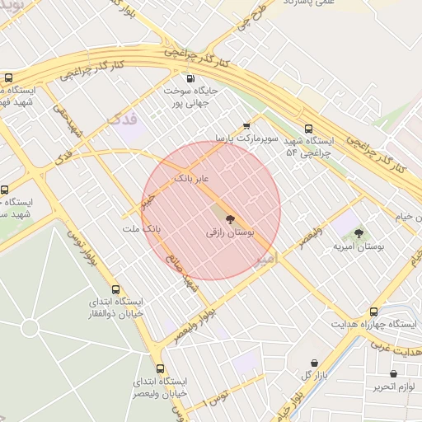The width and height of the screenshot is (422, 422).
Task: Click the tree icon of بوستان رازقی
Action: (230, 220)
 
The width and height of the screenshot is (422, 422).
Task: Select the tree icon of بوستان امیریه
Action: (359, 233)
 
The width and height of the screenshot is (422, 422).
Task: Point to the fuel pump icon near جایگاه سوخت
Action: (191, 77)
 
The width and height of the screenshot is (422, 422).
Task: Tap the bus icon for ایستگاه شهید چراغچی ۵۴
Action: (309, 129)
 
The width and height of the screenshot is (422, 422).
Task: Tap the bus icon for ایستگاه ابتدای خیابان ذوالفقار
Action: (115, 290)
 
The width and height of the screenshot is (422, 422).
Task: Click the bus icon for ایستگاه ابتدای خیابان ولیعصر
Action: (160, 368)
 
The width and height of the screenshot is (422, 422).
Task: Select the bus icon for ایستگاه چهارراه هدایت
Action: (374, 312)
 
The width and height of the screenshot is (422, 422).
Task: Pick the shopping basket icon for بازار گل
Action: (314, 363)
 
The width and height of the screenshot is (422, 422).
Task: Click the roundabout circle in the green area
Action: (30, 328)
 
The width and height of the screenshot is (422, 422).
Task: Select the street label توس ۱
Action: (219, 400)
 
